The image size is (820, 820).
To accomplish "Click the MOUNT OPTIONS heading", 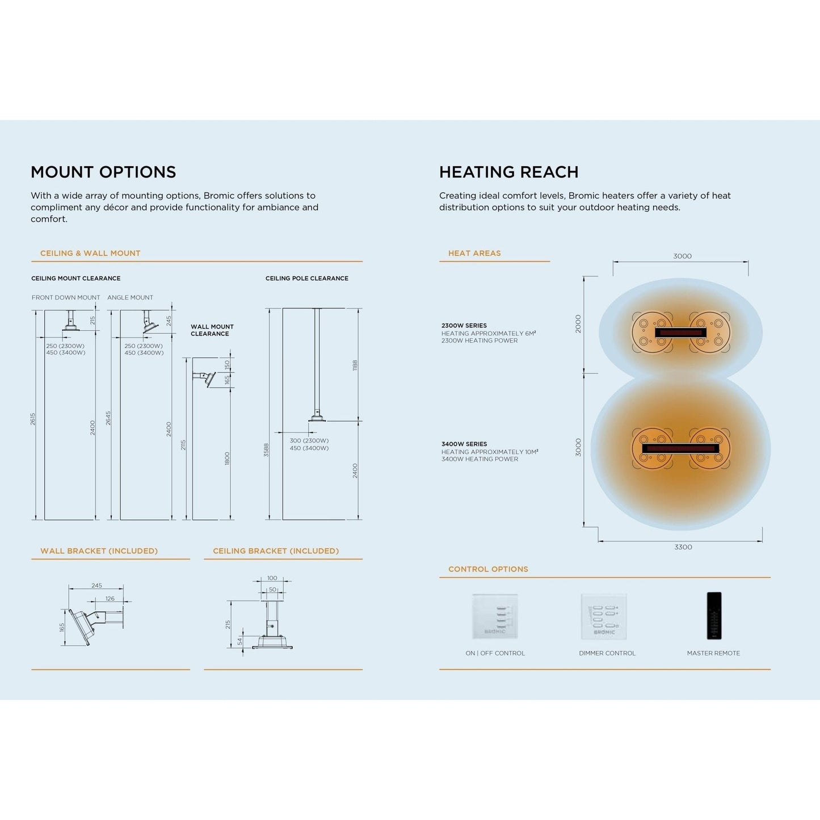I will [103, 172].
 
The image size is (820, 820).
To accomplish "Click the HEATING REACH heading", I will [508, 172].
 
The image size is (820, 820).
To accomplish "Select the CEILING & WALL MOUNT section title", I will [90, 253].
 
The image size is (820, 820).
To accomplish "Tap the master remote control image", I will [713, 616].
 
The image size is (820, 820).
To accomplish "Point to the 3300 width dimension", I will [683, 547].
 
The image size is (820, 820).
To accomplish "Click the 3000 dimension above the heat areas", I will [682, 256].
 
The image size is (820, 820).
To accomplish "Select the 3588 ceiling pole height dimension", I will [266, 450].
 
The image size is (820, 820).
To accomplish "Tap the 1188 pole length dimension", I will [355, 365].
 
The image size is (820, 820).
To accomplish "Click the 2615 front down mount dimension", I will [33, 419].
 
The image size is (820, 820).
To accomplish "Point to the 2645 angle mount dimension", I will [108, 418].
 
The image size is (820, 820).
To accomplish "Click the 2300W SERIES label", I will [464, 326].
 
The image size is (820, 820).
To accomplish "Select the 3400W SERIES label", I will [464, 444].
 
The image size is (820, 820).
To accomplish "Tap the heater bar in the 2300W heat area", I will [680, 333].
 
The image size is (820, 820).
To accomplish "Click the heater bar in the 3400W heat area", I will [680, 448].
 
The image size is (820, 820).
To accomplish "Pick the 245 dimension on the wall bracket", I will [96, 586].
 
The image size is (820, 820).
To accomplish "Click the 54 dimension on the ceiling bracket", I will [240, 641].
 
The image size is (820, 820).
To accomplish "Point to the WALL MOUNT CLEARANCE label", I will [212, 330].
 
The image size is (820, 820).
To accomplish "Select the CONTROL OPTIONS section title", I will [488, 569].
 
